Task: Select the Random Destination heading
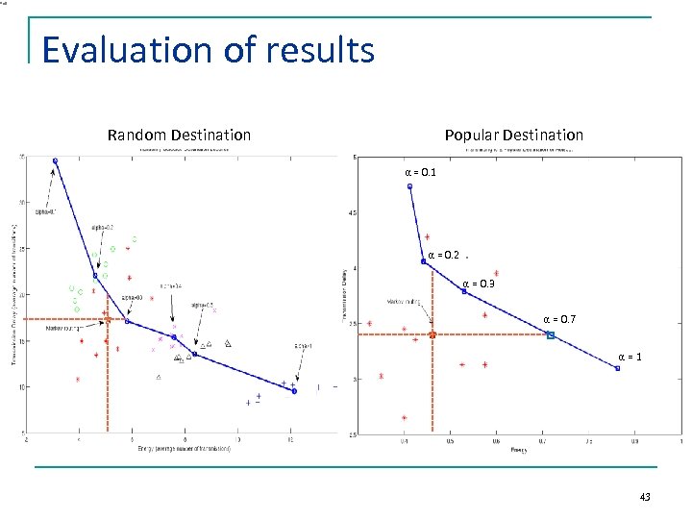pyautogui.click(x=179, y=135)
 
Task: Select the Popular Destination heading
pyautogui.click(x=513, y=135)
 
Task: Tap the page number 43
pyautogui.click(x=644, y=496)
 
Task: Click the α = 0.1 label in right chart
pyautogui.click(x=420, y=173)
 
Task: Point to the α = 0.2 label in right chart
pyautogui.click(x=443, y=256)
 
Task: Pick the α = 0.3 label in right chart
pyautogui.click(x=479, y=284)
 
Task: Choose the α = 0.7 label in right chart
pyautogui.click(x=560, y=318)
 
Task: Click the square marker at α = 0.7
pyautogui.click(x=551, y=334)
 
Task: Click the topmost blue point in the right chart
pyautogui.click(x=409, y=186)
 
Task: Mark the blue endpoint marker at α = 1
pyautogui.click(x=617, y=368)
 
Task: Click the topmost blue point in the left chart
pyautogui.click(x=55, y=161)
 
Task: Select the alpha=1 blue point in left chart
pyautogui.click(x=294, y=391)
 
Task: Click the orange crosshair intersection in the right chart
pyautogui.click(x=432, y=334)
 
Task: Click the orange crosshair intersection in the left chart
pyautogui.click(x=108, y=319)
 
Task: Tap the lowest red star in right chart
pyautogui.click(x=404, y=418)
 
